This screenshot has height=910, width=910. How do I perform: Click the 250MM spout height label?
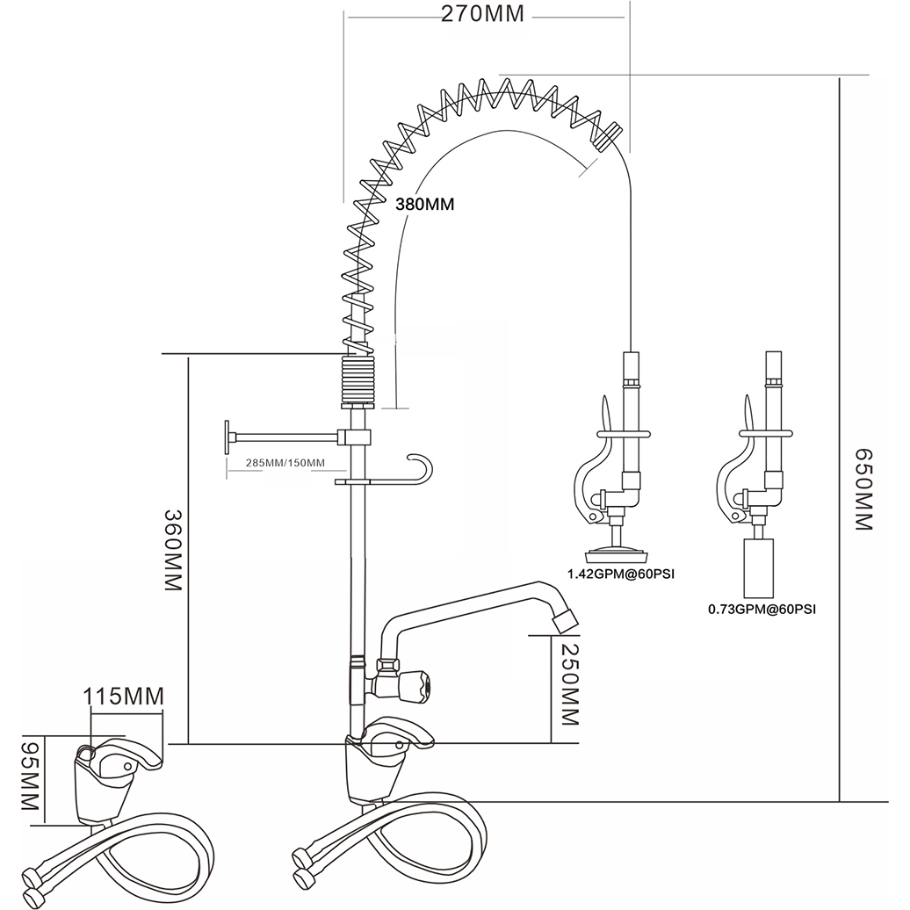point(568,682)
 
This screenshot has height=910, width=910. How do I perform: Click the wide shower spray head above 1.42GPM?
point(617,553)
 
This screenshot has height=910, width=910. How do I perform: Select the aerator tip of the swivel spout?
point(567,618)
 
